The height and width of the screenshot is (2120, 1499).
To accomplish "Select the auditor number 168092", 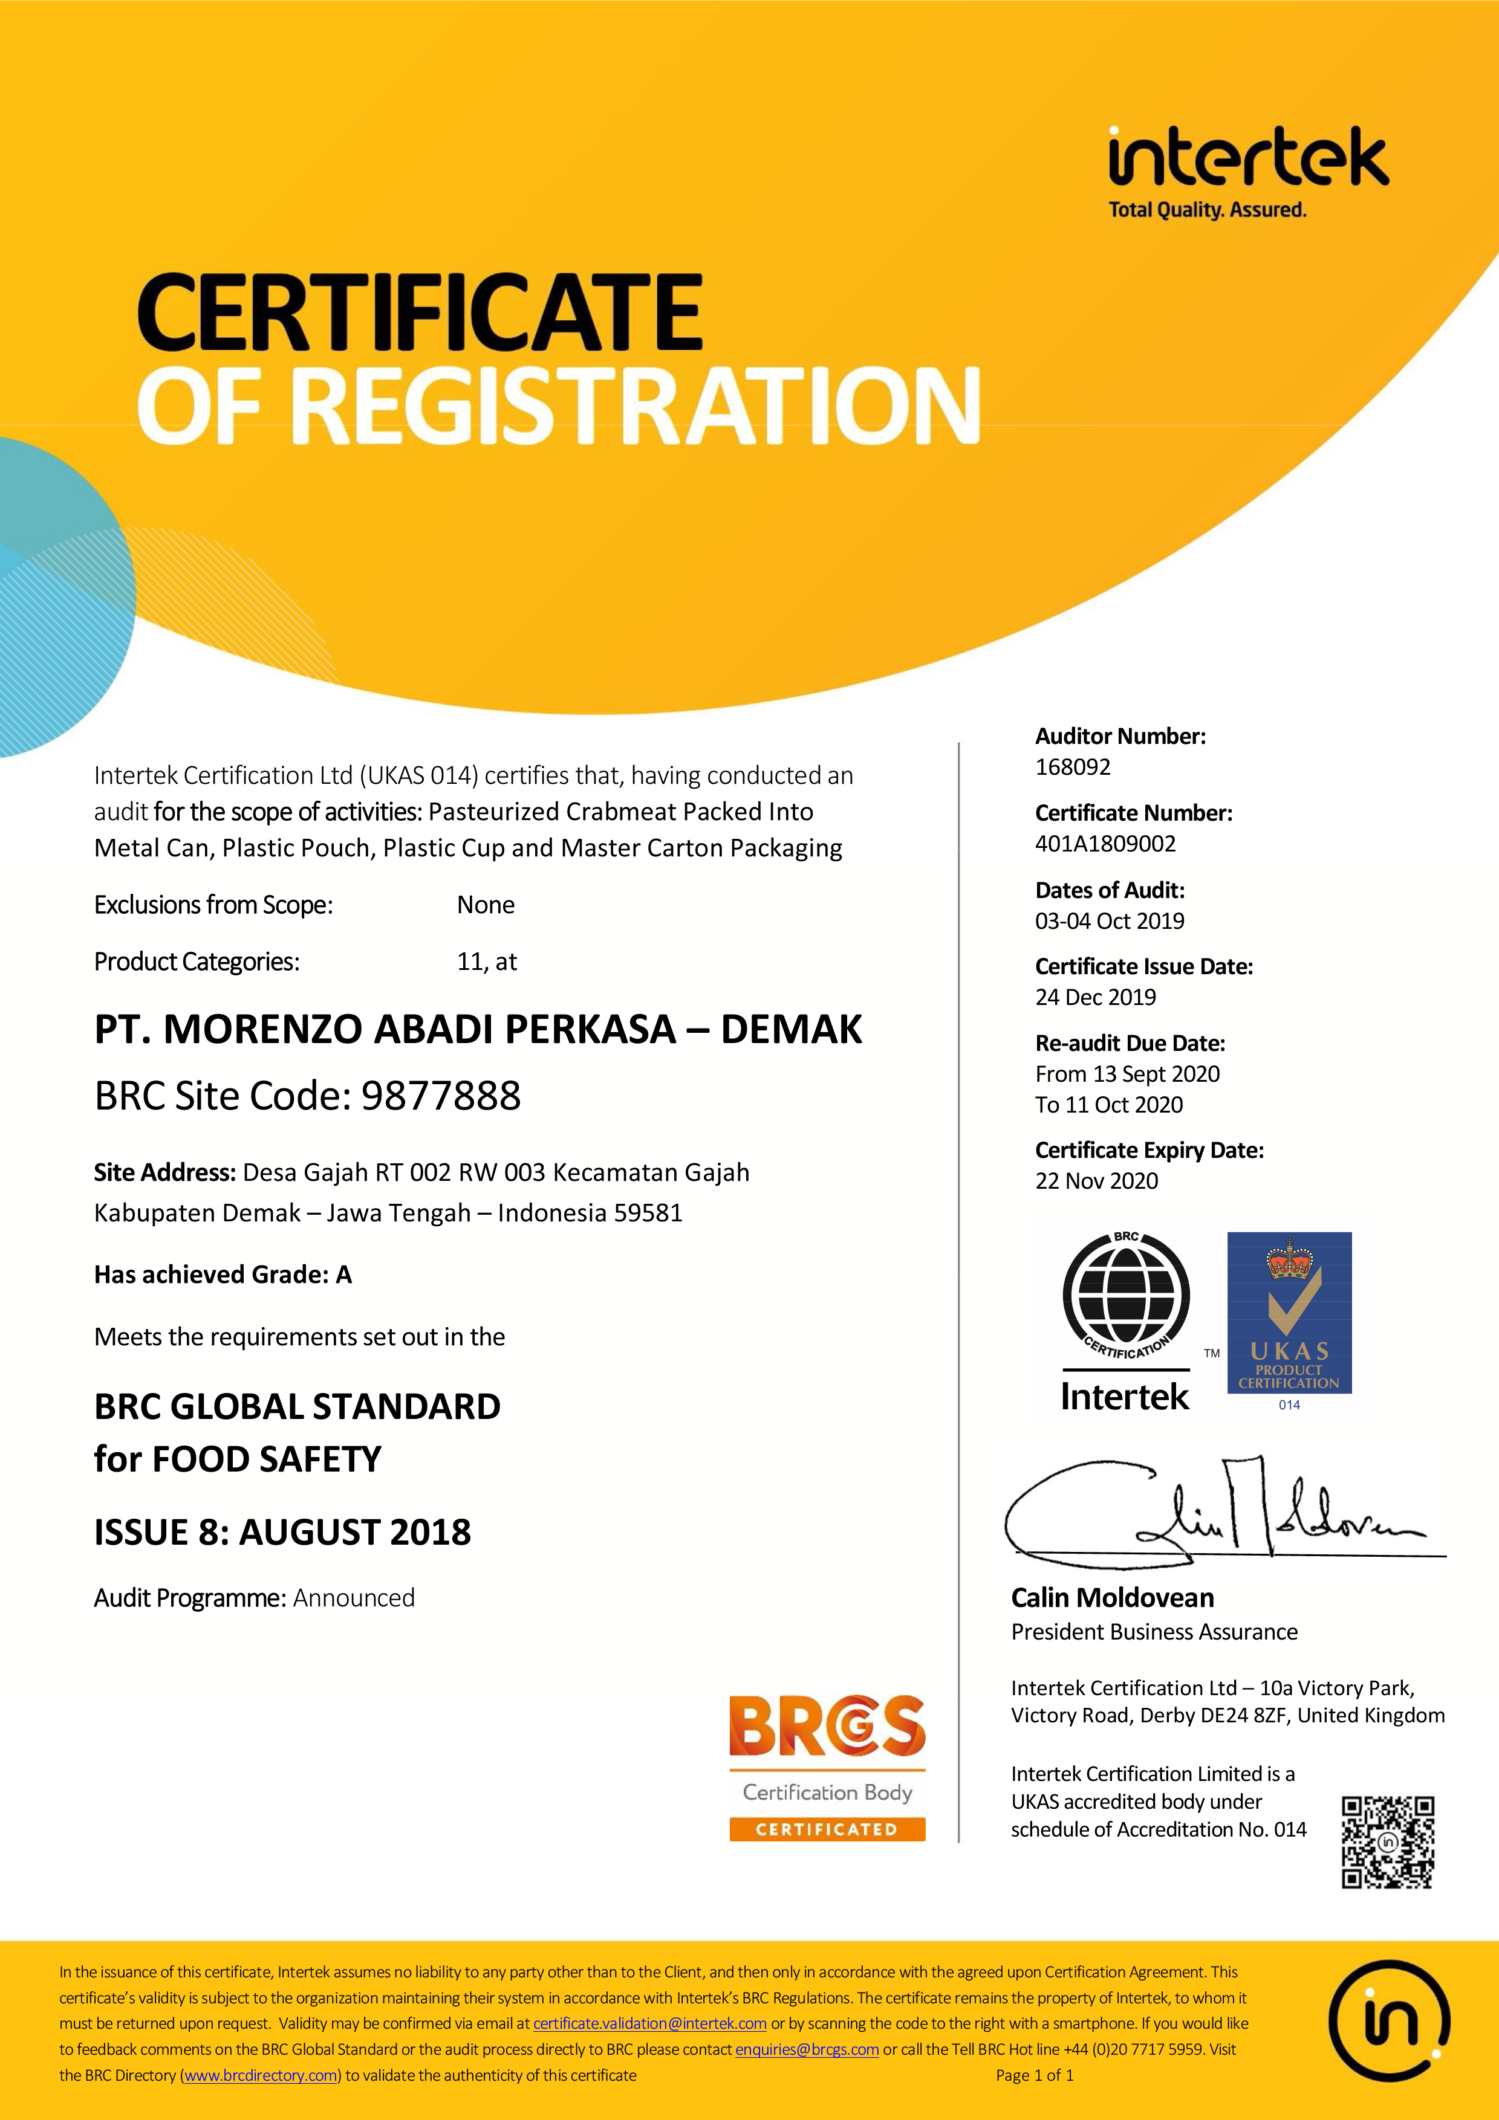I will (x=1072, y=768).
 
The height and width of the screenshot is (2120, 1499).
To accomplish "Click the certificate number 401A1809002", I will (x=1105, y=844).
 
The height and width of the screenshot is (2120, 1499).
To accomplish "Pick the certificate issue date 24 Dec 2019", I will (x=1096, y=997).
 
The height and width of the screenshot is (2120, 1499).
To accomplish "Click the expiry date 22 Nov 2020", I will (x=1096, y=1181).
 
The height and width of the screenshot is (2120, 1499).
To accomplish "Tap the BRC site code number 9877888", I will (x=441, y=1096).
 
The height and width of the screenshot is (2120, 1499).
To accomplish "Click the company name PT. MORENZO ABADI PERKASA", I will (x=385, y=1030).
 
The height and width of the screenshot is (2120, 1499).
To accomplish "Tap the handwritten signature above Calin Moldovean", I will (x=1219, y=1511).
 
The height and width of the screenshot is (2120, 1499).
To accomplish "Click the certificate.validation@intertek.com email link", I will (x=649, y=2023).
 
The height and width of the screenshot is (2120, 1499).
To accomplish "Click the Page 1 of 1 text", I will (x=1035, y=2075).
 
